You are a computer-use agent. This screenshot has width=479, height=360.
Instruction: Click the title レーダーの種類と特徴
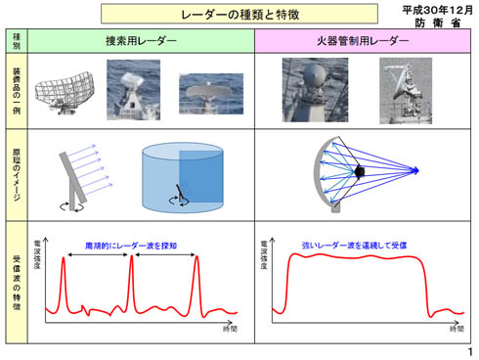[239, 16]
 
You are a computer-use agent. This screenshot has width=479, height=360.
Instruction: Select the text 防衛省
[439, 22]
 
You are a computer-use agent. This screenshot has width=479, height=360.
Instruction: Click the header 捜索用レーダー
[142, 41]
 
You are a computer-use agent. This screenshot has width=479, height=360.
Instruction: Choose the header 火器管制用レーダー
[363, 41]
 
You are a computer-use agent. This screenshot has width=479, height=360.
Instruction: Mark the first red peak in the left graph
[66, 258]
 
